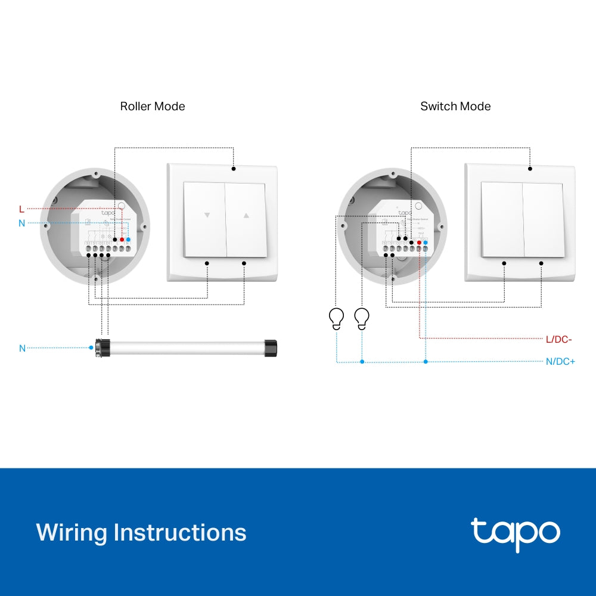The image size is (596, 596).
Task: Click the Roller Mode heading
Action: tap(153, 106)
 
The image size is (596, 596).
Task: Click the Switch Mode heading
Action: tap(455, 106)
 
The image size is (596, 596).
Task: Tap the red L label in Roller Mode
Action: tap(21, 209)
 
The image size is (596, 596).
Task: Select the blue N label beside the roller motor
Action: tap(22, 348)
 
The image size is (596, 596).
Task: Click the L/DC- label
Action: tap(558, 339)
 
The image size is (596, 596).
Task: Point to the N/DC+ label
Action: tap(560, 361)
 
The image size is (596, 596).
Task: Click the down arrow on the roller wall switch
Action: tap(207, 216)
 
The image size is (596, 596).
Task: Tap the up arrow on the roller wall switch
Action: tap(247, 216)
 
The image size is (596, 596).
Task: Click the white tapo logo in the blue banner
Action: tap(515, 532)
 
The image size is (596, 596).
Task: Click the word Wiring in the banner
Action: tap(72, 532)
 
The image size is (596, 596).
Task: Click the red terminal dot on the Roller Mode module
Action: tap(122, 240)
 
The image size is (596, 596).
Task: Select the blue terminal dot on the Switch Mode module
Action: tap(426, 243)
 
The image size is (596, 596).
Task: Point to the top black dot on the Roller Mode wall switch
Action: tap(234, 169)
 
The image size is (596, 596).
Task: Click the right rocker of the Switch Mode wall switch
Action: tap(543, 219)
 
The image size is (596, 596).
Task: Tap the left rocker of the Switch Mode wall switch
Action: tap(502, 219)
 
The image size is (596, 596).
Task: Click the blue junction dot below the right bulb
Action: tap(362, 361)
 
